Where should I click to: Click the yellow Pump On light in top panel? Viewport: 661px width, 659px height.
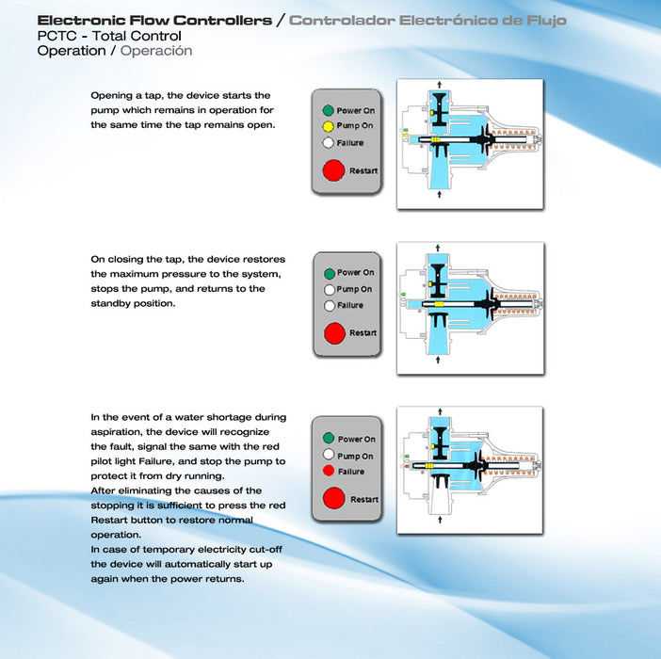click(x=328, y=126)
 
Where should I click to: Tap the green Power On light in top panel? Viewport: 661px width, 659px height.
click(x=328, y=110)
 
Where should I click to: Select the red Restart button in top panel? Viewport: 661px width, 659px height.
click(x=333, y=170)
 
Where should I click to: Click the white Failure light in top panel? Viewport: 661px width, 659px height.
click(x=328, y=143)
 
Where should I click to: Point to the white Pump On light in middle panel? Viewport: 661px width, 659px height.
click(x=330, y=290)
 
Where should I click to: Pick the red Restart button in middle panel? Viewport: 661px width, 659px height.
click(x=334, y=333)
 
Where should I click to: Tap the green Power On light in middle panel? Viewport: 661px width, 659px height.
click(x=330, y=274)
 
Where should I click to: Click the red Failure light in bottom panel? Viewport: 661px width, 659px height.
click(x=329, y=471)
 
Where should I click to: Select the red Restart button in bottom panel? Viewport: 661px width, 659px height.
click(x=334, y=498)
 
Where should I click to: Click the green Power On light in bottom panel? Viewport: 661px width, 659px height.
click(x=329, y=438)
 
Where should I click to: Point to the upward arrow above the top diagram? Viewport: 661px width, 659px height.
click(x=440, y=85)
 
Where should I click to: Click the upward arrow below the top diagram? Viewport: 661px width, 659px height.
click(x=440, y=194)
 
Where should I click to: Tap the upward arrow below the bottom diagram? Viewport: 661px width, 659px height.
click(x=440, y=520)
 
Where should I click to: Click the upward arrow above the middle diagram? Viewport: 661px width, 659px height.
click(x=438, y=248)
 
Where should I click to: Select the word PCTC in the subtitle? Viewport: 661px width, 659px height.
click(x=56, y=36)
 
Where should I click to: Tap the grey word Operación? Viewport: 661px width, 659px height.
click(x=156, y=51)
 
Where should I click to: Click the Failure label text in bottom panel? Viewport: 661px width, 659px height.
click(x=351, y=472)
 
